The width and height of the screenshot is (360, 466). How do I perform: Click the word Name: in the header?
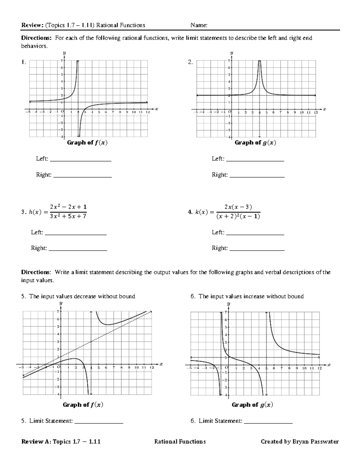(x=199, y=26)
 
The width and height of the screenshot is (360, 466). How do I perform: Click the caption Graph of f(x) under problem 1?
(x=87, y=143)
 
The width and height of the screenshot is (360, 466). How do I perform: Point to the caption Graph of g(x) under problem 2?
(x=255, y=143)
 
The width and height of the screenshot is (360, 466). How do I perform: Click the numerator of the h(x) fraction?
(x=68, y=207)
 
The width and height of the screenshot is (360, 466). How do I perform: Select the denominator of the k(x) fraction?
(x=238, y=216)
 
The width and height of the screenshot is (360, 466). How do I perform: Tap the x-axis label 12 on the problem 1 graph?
(x=148, y=112)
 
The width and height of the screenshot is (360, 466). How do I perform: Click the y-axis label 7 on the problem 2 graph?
(x=229, y=61)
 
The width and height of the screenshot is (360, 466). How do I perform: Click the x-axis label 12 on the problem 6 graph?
(x=319, y=368)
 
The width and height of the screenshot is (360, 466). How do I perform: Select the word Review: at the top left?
(x=32, y=26)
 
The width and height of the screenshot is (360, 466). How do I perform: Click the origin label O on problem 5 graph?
(x=58, y=367)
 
